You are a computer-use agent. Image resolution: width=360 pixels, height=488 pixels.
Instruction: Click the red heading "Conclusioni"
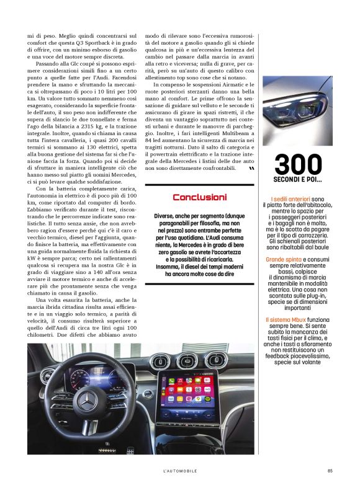click(199, 197)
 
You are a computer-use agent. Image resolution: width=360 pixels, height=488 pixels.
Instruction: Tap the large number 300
click(299, 164)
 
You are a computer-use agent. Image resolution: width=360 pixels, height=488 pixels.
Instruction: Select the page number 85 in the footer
click(330, 471)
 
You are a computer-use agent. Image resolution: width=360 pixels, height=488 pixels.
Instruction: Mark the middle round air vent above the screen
click(187, 360)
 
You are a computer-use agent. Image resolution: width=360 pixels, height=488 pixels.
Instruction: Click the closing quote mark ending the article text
click(251, 168)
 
